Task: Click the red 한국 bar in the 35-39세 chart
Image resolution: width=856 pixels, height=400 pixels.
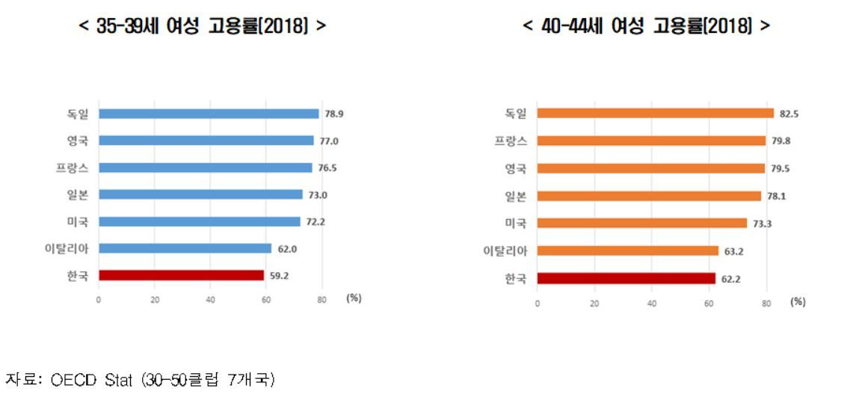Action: [x=182, y=275]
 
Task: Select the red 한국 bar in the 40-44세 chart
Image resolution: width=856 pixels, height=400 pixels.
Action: [x=626, y=278]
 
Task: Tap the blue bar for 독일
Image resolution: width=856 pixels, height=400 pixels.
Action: [x=209, y=114]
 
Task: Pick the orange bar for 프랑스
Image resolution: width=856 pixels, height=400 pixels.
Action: [x=651, y=141]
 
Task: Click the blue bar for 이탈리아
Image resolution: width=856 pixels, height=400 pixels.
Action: [x=185, y=248]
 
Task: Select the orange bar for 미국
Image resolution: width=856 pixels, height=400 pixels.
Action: [x=641, y=223]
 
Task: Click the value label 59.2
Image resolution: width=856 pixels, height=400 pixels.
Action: [x=280, y=275]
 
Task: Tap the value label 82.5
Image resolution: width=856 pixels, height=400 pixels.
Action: [x=789, y=114]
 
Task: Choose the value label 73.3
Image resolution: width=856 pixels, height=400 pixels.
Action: [x=762, y=223]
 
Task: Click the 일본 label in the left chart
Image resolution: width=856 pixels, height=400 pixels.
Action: [x=78, y=194]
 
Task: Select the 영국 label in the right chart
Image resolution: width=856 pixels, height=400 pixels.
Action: [x=516, y=168]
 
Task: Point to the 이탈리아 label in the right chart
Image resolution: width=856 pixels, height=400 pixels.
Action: [x=505, y=250]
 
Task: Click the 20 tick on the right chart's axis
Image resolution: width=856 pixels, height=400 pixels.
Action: [x=594, y=304]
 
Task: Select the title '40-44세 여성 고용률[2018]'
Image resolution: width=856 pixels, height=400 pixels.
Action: [x=646, y=28]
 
